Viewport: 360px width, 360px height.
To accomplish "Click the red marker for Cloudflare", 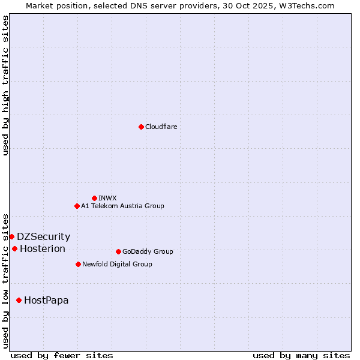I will click(141, 127).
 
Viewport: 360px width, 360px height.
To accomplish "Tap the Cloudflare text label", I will click(161, 127).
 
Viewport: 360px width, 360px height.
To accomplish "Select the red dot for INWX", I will click(94, 198).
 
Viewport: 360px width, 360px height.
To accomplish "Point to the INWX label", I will click(107, 198).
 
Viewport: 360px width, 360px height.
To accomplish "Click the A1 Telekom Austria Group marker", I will click(77, 206).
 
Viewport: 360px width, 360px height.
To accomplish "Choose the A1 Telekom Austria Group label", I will click(122, 206).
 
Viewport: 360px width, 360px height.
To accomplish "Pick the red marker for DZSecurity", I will click(11, 236).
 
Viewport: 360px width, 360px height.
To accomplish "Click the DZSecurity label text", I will click(43, 236).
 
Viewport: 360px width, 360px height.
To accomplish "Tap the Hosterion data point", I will click(14, 248).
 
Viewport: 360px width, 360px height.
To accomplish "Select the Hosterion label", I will click(43, 248).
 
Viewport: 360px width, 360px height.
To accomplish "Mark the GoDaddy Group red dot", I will click(118, 251).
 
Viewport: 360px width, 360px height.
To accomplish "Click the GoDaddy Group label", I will click(148, 251).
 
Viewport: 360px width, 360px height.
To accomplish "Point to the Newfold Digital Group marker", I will click(78, 264).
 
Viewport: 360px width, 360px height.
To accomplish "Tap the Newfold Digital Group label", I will click(117, 264).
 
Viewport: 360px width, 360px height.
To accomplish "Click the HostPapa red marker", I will click(19, 300).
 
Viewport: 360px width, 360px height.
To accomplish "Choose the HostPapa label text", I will click(46, 300).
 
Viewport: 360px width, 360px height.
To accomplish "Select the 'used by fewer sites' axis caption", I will click(62, 355).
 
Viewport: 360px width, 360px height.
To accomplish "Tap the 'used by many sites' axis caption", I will click(301, 355).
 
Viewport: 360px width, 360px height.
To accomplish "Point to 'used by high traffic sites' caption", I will click(5, 85).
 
